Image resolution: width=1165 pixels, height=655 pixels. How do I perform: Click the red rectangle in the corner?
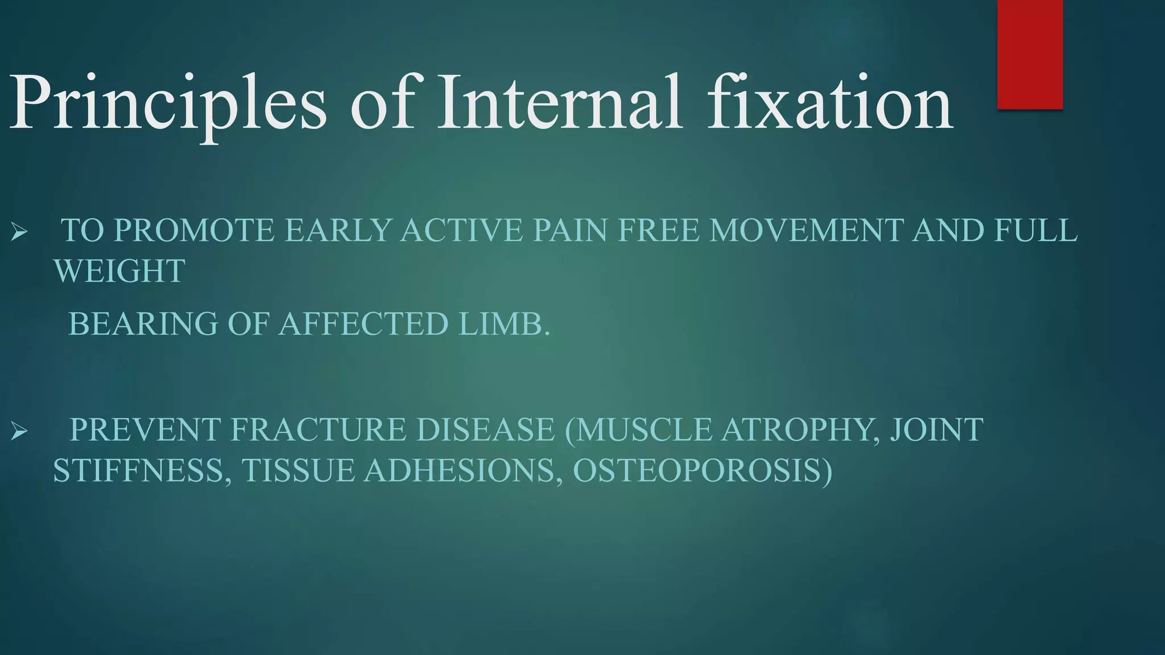(1030, 54)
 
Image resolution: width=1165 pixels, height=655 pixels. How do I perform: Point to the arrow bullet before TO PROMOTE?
(19, 232)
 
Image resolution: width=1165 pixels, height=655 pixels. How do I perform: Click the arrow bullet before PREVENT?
(19, 432)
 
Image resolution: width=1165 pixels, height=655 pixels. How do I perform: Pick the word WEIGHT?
(119, 271)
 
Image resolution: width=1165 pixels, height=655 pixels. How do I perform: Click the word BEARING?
(143, 324)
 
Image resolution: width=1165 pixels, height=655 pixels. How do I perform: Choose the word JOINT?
(936, 429)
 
